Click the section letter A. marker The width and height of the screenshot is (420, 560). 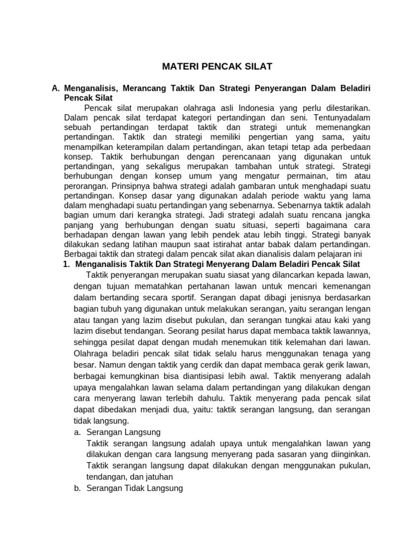[55, 88]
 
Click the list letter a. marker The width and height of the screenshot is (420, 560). [77, 432]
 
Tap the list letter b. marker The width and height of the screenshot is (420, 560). [77, 488]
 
